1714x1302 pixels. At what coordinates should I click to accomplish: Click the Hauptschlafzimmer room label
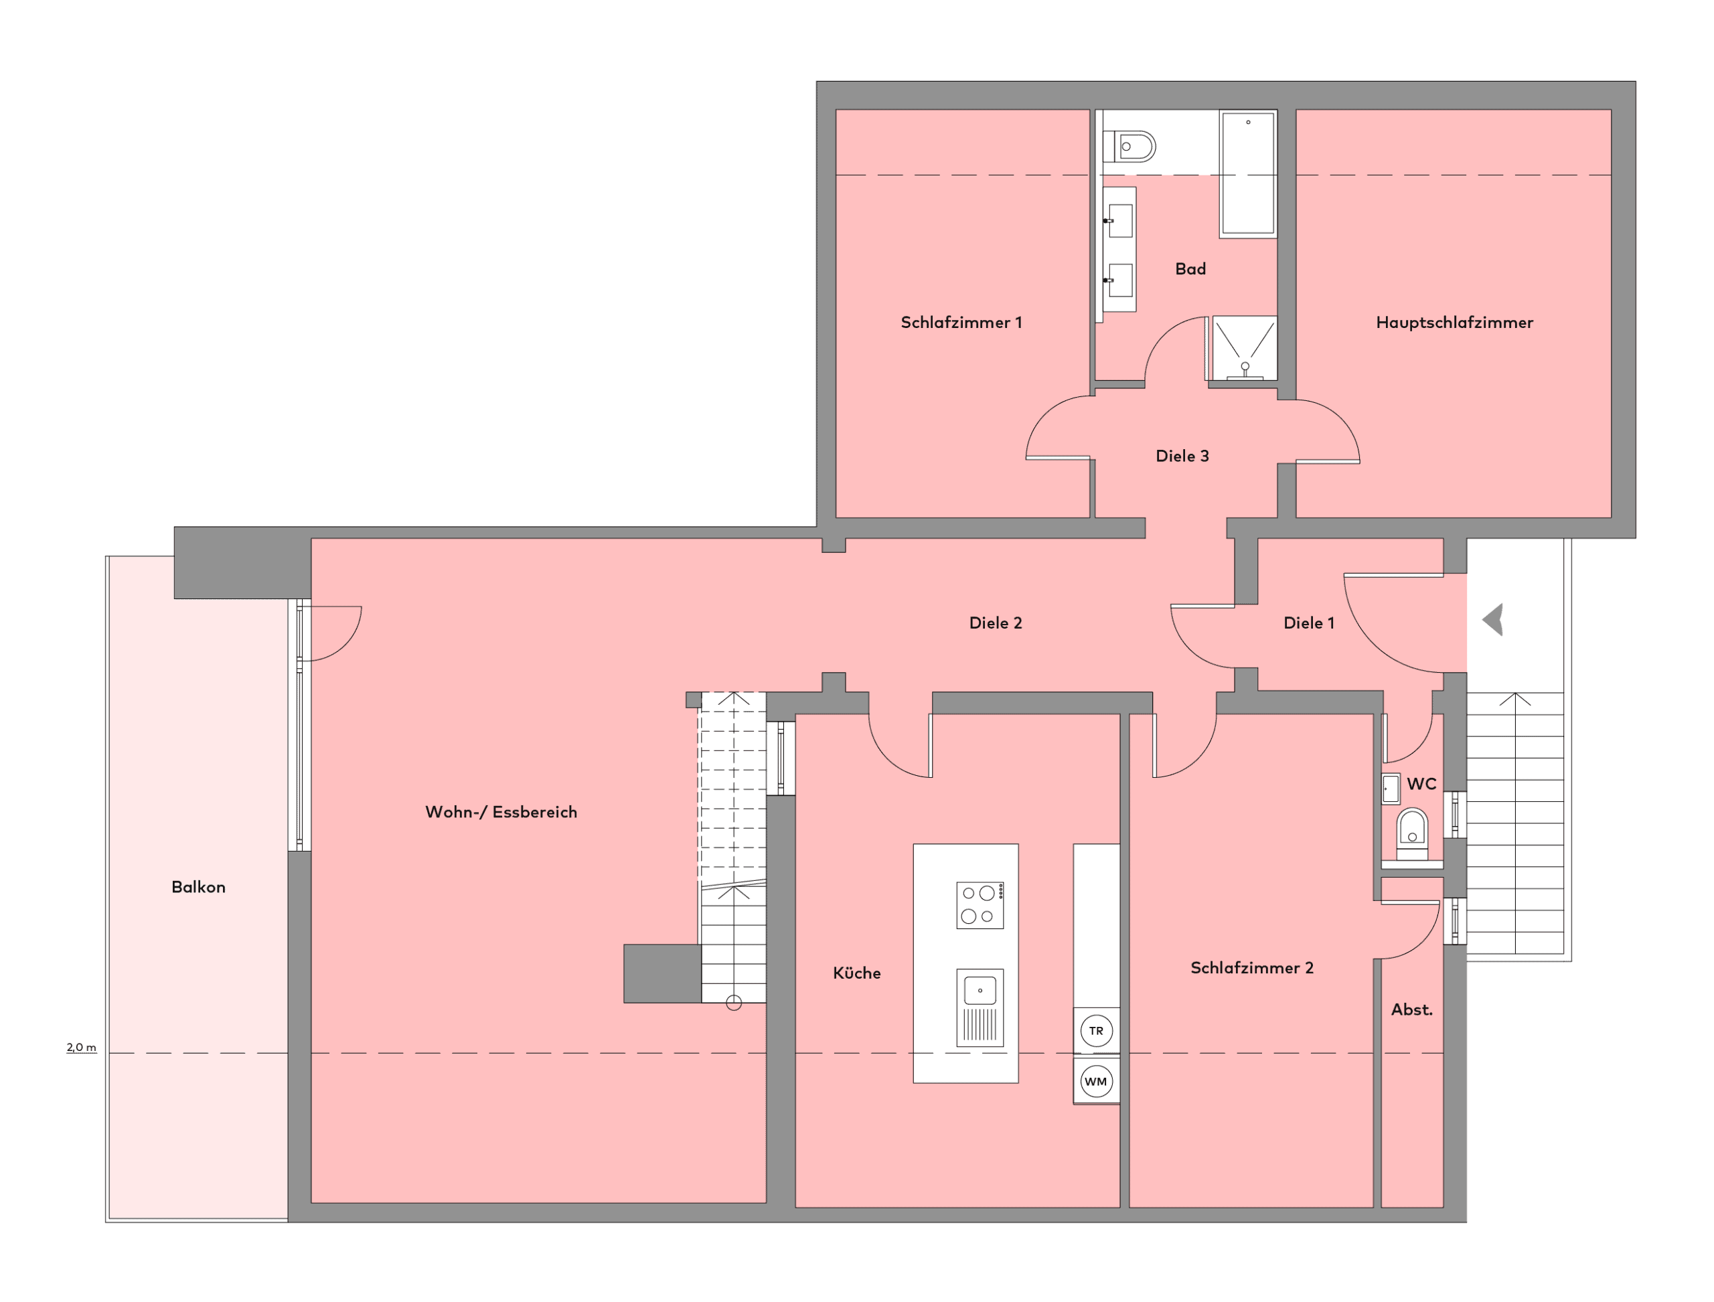pyautogui.click(x=1454, y=323)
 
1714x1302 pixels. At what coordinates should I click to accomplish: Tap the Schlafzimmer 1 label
pyautogui.click(x=961, y=323)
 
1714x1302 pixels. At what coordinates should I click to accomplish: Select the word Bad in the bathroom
pyautogui.click(x=1190, y=269)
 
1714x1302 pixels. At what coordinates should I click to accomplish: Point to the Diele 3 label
pyautogui.click(x=1182, y=456)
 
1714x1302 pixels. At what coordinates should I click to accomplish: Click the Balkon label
pyautogui.click(x=198, y=886)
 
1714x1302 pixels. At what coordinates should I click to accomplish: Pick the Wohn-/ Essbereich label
pyautogui.click(x=501, y=811)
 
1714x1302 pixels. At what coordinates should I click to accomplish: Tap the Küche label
pyautogui.click(x=856, y=973)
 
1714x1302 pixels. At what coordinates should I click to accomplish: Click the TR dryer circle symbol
pyautogui.click(x=1096, y=1031)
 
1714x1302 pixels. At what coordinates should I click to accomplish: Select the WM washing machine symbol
pyautogui.click(x=1096, y=1081)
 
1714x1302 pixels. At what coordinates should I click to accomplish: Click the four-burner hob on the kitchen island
pyautogui.click(x=980, y=905)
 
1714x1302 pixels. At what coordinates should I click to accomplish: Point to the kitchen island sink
pyautogui.click(x=980, y=1007)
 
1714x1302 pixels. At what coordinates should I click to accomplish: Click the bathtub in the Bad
pyautogui.click(x=1248, y=173)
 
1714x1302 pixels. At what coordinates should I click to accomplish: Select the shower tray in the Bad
pyautogui.click(x=1244, y=348)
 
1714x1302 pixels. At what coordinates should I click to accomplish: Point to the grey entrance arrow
pyautogui.click(x=1494, y=620)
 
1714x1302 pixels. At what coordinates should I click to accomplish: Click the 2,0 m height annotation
pyautogui.click(x=82, y=1047)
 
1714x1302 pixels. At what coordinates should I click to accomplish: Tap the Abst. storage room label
pyautogui.click(x=1411, y=1009)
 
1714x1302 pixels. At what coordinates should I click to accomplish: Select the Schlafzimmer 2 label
pyautogui.click(x=1252, y=967)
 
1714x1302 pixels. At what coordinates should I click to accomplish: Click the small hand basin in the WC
pyautogui.click(x=1391, y=789)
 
